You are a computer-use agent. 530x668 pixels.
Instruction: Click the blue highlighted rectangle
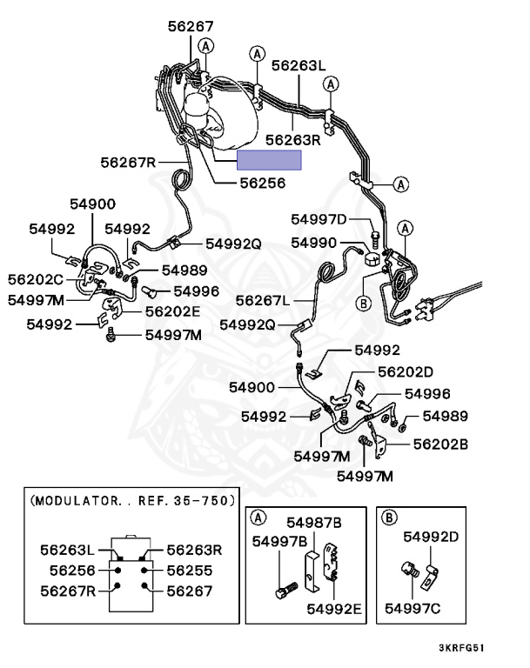[270, 160]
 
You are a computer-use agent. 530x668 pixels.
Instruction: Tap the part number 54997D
[319, 219]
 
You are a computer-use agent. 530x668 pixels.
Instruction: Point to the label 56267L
[262, 300]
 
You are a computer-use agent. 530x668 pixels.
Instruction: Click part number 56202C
[36, 279]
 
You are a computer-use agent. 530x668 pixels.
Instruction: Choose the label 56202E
[172, 311]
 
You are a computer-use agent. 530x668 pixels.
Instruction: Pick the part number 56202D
[405, 371]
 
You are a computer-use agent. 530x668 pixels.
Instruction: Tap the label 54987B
[314, 522]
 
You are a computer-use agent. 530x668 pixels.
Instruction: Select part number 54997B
[280, 542]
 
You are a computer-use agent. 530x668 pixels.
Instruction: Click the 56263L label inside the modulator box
[69, 550]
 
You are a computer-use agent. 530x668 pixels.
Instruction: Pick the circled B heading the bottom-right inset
[391, 518]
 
